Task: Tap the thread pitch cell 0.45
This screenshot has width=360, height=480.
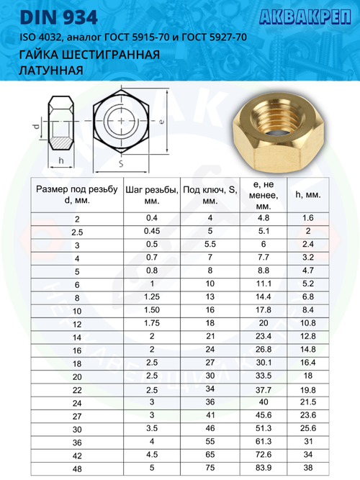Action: (x=151, y=231)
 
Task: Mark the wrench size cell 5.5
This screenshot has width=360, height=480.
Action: (x=210, y=245)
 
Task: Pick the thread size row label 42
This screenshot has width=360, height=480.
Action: (x=77, y=454)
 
